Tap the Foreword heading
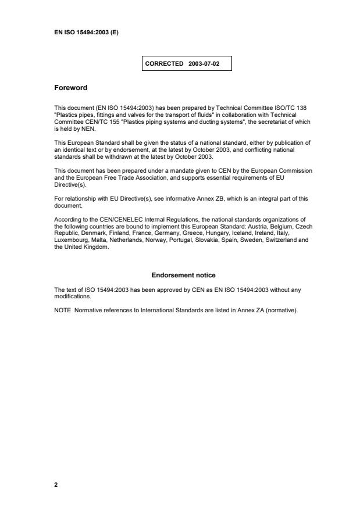(x=70, y=88)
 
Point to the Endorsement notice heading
(x=183, y=275)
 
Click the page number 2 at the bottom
(x=56, y=484)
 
